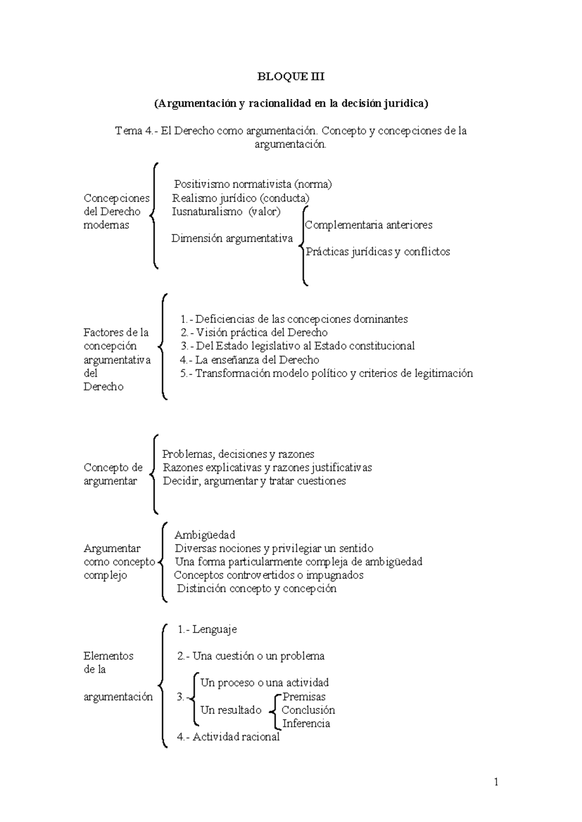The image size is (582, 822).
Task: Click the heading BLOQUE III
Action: (x=291, y=77)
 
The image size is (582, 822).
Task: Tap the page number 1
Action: (x=496, y=782)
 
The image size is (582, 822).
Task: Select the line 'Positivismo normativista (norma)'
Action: (x=253, y=184)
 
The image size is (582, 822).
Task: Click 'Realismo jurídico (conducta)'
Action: (x=241, y=198)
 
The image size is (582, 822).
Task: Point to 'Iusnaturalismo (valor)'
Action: (x=226, y=211)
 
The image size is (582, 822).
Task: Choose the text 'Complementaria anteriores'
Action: (x=369, y=225)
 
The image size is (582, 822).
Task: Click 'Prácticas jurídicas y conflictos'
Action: (x=378, y=252)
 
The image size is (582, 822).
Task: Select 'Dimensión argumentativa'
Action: (x=232, y=238)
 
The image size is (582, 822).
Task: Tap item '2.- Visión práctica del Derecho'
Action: (x=254, y=332)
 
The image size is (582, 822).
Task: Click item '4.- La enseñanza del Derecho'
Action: (x=249, y=360)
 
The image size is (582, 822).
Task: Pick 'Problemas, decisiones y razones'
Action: (x=238, y=454)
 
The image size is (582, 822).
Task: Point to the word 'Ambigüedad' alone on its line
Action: (x=205, y=535)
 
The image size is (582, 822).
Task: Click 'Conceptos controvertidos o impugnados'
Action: (x=269, y=575)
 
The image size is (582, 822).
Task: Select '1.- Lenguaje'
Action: (x=207, y=630)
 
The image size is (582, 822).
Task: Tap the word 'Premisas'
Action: (x=304, y=696)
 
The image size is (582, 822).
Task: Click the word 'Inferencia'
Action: (x=306, y=724)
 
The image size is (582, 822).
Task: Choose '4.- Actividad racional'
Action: (x=228, y=737)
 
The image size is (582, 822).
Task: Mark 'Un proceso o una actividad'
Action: (x=264, y=683)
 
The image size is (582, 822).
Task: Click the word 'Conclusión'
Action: (x=308, y=710)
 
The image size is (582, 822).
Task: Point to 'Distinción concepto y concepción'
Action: (x=257, y=589)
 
